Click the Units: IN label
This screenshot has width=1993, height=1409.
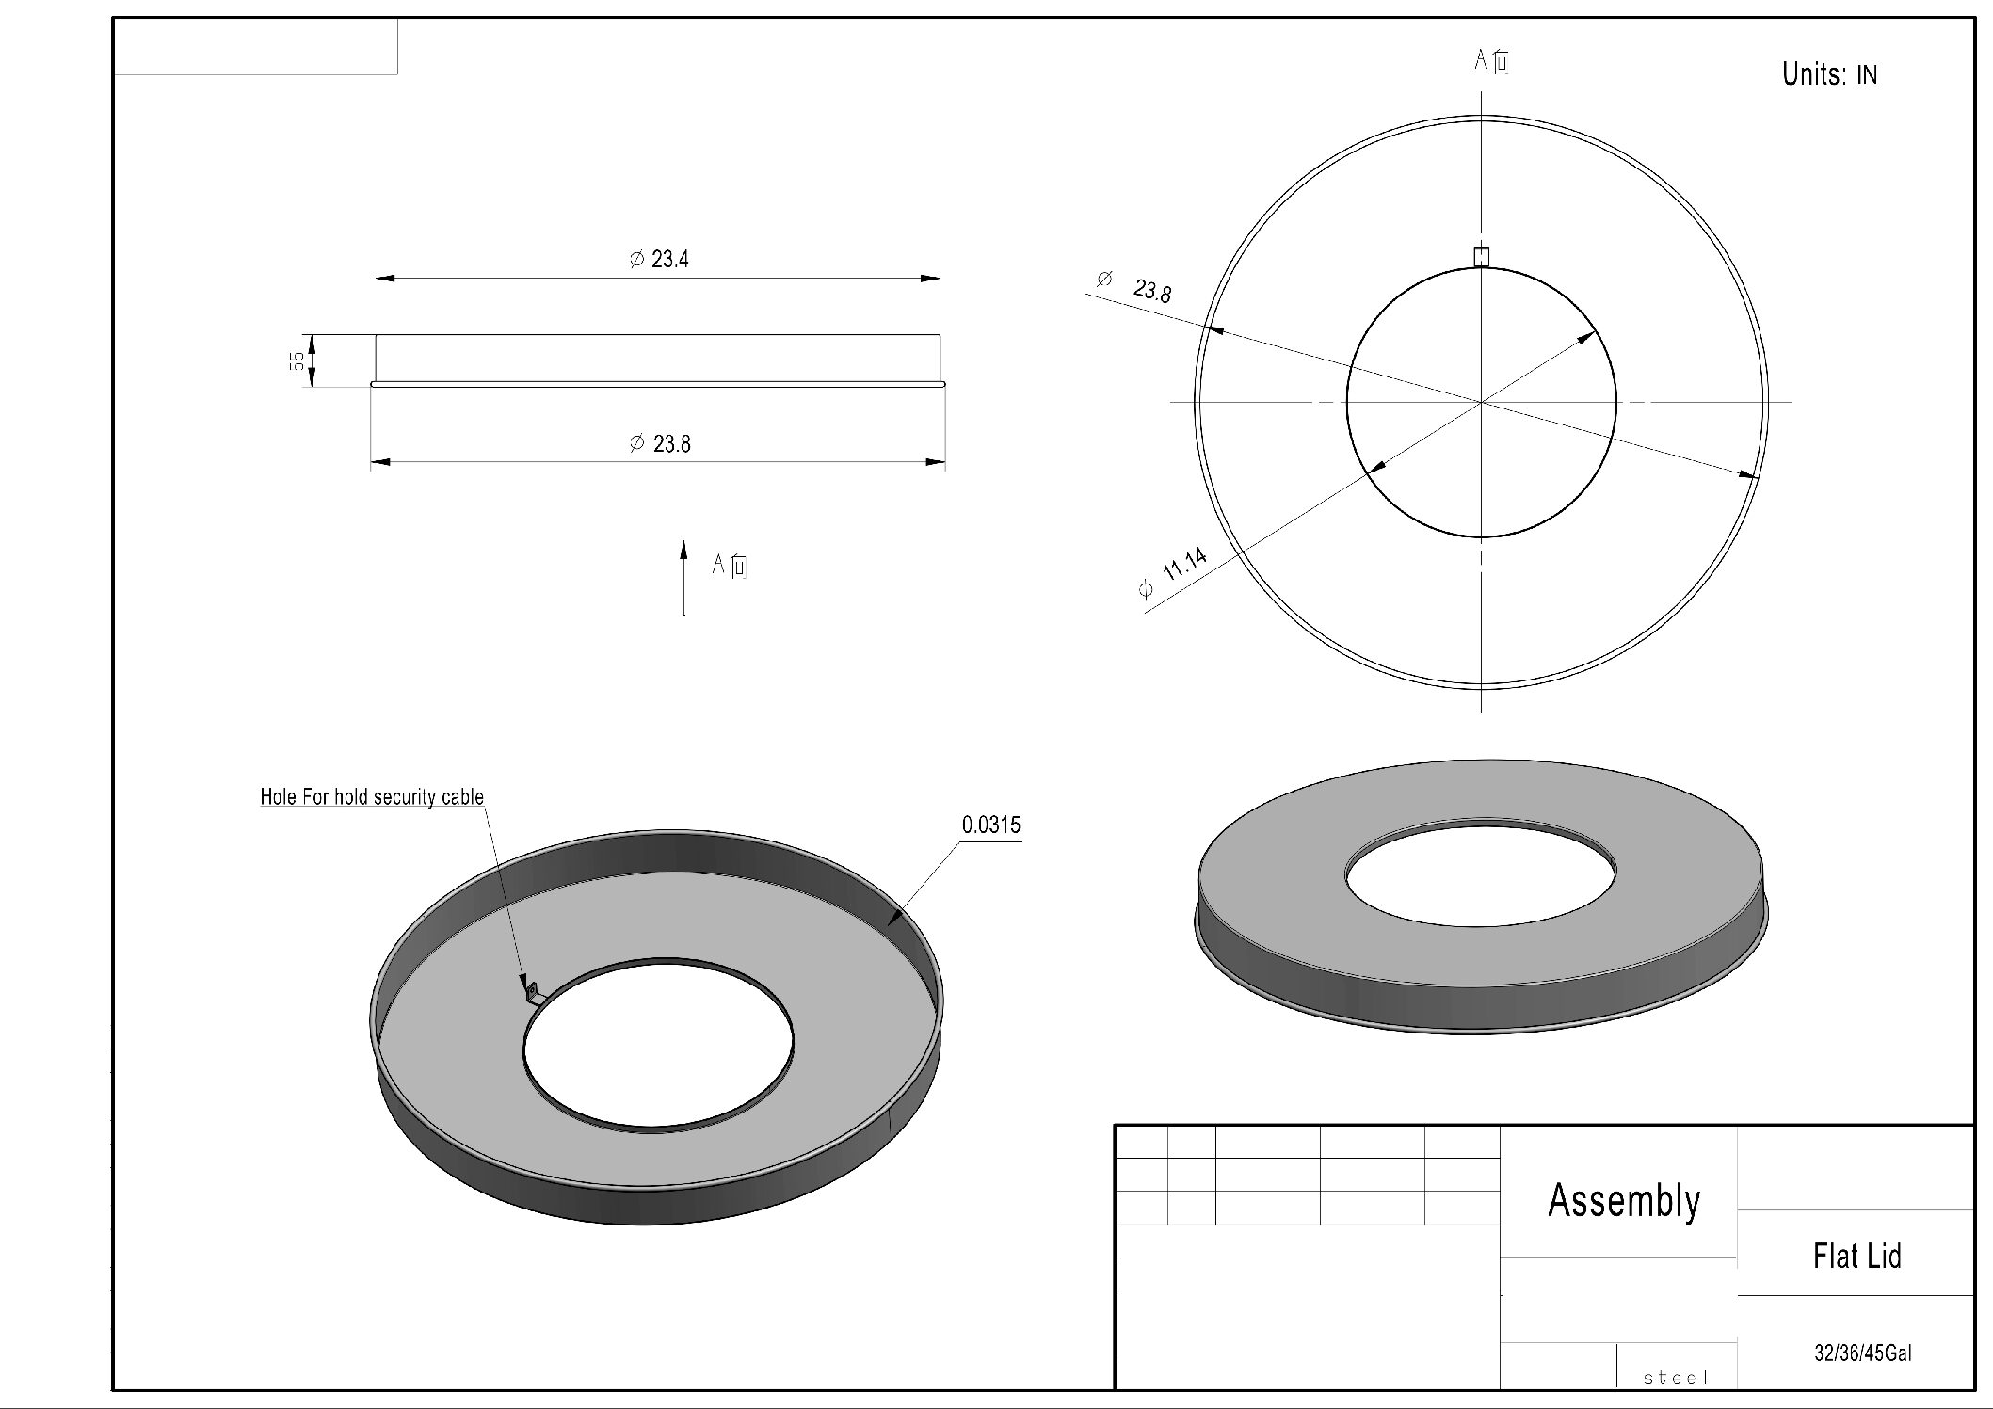coord(1828,74)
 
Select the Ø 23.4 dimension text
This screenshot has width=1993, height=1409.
coord(659,259)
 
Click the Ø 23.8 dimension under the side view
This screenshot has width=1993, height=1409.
coord(660,443)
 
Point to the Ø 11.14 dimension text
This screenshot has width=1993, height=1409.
coord(1174,574)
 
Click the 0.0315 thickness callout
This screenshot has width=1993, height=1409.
coord(990,825)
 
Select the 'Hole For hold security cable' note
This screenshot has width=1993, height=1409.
coord(372,797)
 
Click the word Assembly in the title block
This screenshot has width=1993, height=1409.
coord(1624,1201)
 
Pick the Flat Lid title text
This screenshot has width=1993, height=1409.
coord(1856,1256)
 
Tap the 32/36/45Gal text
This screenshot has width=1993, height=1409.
coord(1863,1353)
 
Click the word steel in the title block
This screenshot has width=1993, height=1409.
coord(1676,1378)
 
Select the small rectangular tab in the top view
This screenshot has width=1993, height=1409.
coord(1482,256)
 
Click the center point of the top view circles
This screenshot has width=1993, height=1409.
coord(1482,402)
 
